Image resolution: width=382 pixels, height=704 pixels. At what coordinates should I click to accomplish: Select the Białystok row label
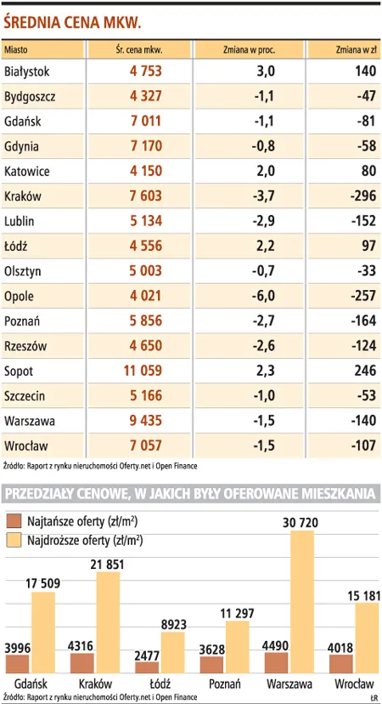[x=26, y=71]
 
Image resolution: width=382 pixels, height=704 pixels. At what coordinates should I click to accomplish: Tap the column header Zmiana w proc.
[x=250, y=50]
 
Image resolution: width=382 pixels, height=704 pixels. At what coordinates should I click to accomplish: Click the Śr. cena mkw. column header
[x=138, y=50]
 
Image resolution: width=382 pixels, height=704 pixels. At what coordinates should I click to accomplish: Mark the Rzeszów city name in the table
[x=25, y=347]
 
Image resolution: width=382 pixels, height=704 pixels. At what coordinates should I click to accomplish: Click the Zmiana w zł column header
[x=356, y=50]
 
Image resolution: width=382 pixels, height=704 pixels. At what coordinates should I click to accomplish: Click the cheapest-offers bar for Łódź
[x=147, y=667]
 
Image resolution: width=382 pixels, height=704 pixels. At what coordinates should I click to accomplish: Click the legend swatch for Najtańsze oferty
[x=14, y=522]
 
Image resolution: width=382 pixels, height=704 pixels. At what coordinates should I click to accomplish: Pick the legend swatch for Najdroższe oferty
[x=14, y=540]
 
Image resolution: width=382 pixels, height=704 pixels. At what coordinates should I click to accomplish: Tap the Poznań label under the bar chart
[x=225, y=684]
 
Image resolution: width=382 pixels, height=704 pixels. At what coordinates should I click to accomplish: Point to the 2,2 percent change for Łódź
[x=266, y=247]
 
